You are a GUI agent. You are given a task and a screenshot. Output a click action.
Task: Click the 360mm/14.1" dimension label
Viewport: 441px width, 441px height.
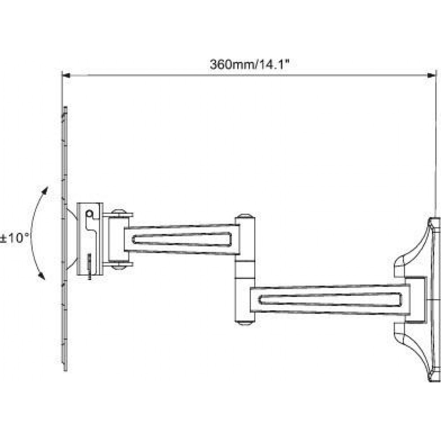click(x=250, y=64)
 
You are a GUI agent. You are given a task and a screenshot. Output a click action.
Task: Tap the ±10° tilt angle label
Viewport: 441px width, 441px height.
click(x=15, y=238)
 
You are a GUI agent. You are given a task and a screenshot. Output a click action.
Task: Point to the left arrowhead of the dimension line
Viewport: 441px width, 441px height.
click(x=66, y=75)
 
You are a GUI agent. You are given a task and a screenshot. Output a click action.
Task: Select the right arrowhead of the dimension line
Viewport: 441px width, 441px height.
click(x=431, y=75)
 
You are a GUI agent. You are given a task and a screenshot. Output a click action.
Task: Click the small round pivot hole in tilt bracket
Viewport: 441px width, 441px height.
click(x=89, y=214)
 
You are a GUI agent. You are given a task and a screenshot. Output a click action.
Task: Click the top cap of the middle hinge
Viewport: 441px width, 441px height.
click(x=245, y=216)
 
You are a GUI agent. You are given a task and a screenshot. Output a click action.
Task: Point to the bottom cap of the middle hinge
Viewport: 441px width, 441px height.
click(x=245, y=323)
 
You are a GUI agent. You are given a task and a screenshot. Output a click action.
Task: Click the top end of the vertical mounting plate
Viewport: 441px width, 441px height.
click(x=65, y=108)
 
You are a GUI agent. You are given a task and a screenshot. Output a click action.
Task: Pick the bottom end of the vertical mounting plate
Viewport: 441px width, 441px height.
click(x=65, y=369)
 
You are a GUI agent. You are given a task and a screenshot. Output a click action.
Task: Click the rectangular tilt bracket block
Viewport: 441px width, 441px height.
click(x=90, y=239)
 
